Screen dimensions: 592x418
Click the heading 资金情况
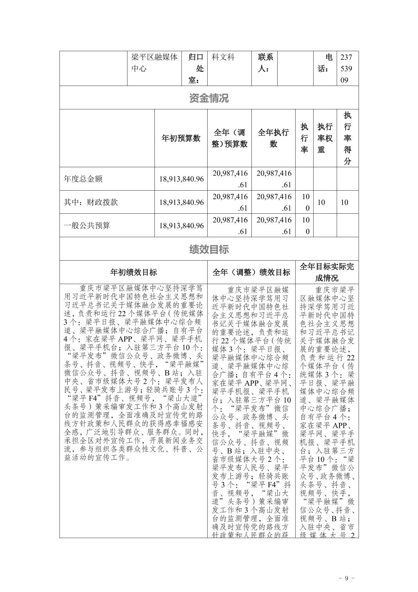click(209, 98)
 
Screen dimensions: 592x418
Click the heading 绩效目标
click(209, 249)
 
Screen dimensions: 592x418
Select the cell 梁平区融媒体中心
click(154, 63)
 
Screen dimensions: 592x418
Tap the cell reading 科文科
click(223, 57)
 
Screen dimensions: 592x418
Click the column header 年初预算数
click(181, 138)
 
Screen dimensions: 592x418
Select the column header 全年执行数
click(273, 138)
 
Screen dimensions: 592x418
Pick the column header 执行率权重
click(325, 138)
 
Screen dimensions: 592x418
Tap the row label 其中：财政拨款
click(91, 202)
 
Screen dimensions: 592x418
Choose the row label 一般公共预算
click(87, 225)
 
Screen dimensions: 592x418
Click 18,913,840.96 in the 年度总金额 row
click(181, 179)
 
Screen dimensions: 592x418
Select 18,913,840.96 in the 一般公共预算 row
click(181, 225)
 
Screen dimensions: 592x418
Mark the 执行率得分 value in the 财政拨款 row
click(344, 202)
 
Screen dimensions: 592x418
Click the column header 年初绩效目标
click(133, 272)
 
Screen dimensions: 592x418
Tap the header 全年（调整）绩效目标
click(251, 272)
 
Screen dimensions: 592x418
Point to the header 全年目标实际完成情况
click(327, 272)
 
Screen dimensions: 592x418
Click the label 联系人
click(265, 63)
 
